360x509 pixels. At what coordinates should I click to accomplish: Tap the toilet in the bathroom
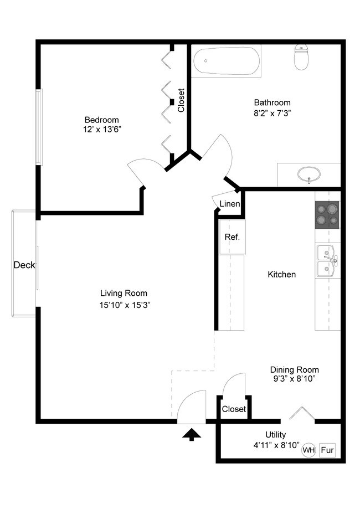(x=301, y=57)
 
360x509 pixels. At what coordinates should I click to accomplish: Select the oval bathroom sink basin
(x=308, y=174)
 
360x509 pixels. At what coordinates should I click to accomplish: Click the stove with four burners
(x=327, y=215)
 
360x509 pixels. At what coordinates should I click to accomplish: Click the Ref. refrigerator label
(x=232, y=237)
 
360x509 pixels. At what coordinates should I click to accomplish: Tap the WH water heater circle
(x=308, y=450)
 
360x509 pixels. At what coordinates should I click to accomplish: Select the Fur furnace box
(x=327, y=450)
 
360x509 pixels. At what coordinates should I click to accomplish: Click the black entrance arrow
(x=192, y=434)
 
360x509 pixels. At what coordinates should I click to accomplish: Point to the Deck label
(x=24, y=265)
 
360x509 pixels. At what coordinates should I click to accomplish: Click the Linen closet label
(x=230, y=204)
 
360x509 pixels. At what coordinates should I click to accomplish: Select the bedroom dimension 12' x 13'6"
(x=101, y=130)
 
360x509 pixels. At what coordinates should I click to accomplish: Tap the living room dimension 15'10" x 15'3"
(x=124, y=305)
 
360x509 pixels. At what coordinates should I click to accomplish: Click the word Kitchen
(x=281, y=274)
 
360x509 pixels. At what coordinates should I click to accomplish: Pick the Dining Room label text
(x=294, y=370)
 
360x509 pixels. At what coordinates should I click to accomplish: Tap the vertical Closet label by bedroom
(x=181, y=101)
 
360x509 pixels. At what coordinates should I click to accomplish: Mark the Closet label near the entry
(x=234, y=409)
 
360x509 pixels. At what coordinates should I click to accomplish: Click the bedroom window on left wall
(x=39, y=127)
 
